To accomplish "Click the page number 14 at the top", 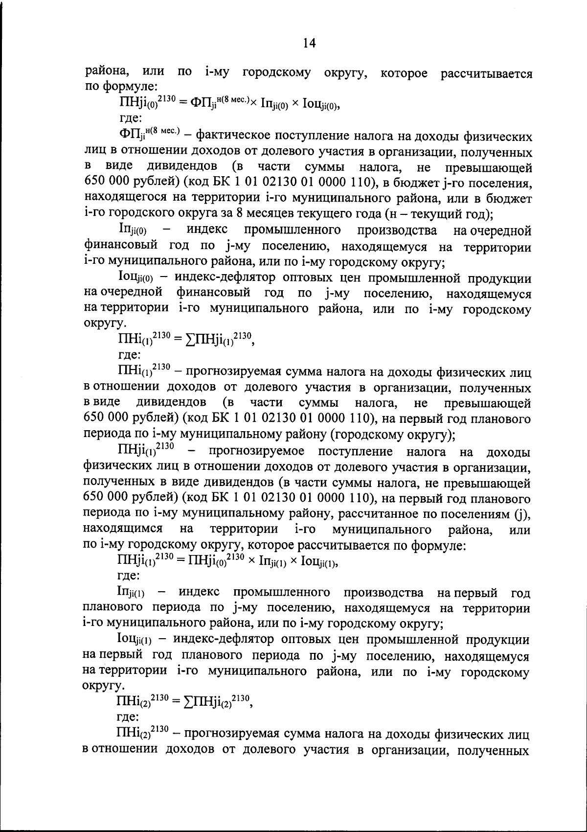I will [310, 44].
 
